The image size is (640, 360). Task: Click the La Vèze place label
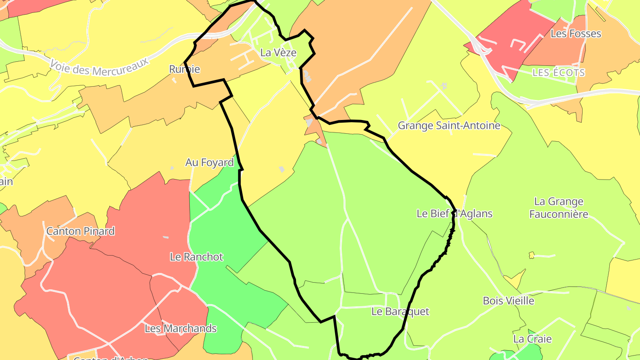(278, 52)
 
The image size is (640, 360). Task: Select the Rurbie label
(184, 69)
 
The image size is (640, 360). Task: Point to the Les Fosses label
(576, 34)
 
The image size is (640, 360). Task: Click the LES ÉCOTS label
(559, 72)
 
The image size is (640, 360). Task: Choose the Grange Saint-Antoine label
(449, 126)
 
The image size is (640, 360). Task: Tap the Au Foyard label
(209, 163)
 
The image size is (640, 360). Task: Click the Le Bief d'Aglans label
(454, 214)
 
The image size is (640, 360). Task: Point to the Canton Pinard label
(80, 231)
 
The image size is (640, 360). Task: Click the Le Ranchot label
(196, 257)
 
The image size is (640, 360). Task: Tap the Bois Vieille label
(508, 301)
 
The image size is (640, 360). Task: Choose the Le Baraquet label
(400, 312)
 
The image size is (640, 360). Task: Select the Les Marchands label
(180, 328)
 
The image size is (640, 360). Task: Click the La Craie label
(532, 339)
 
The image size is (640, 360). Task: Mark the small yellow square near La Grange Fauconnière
(532, 255)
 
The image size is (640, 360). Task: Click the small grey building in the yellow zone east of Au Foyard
(281, 169)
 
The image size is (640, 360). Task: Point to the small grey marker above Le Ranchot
(166, 237)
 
